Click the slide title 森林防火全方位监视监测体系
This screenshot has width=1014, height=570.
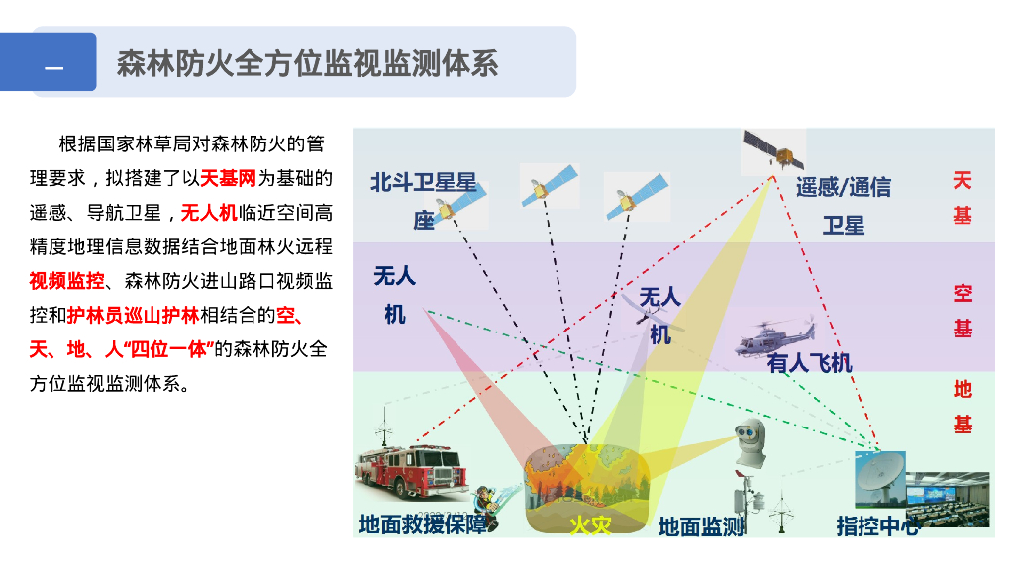pos(307,62)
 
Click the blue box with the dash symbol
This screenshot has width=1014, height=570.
pos(55,62)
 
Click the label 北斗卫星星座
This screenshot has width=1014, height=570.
pos(424,201)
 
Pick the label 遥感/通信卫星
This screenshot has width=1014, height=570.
pos(843,205)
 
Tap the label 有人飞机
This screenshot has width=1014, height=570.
pos(809,363)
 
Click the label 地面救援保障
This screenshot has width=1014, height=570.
pos(423,524)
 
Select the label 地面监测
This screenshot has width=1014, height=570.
pos(701,526)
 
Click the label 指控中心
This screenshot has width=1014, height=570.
pos(876,525)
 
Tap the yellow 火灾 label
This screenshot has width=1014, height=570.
pos(589,524)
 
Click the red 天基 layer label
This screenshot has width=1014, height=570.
pos(963,197)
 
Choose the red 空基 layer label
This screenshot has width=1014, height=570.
pos(963,311)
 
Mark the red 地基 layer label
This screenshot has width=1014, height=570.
pos(963,407)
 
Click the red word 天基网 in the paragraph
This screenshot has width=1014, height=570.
pos(229,179)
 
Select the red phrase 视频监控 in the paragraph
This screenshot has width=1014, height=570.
pos(66,281)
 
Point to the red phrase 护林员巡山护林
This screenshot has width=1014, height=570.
pos(133,316)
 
